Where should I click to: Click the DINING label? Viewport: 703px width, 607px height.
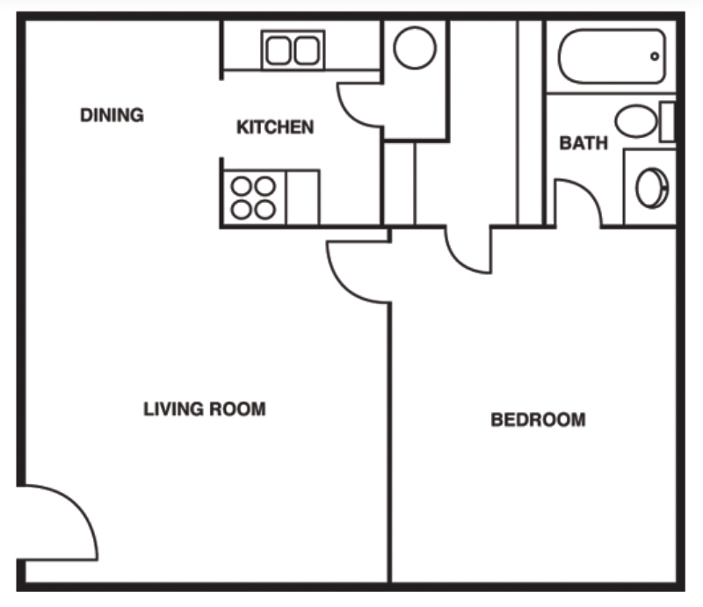pyautogui.click(x=112, y=115)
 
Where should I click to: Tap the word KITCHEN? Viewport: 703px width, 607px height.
pyautogui.click(x=275, y=127)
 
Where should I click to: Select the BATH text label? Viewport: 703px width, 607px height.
pyautogui.click(x=583, y=143)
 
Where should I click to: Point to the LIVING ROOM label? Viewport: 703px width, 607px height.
pyautogui.click(x=204, y=408)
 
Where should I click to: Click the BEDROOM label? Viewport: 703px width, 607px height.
pyautogui.click(x=538, y=420)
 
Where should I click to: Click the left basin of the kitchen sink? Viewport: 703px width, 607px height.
pyautogui.click(x=279, y=51)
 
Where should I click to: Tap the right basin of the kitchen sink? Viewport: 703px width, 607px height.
pyautogui.click(x=306, y=51)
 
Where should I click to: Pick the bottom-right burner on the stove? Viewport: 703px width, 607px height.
pyautogui.click(x=265, y=209)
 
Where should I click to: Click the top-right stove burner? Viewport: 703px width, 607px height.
pyautogui.click(x=265, y=186)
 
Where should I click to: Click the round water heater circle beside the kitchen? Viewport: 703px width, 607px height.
pyautogui.click(x=415, y=47)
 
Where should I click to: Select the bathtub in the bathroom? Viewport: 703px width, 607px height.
pyautogui.click(x=612, y=57)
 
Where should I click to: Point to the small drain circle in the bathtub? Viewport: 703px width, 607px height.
pyautogui.click(x=655, y=56)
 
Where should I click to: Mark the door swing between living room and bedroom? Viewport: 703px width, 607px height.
pyautogui.click(x=356, y=272)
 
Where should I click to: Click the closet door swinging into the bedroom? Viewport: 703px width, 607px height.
pyautogui.click(x=468, y=250)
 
